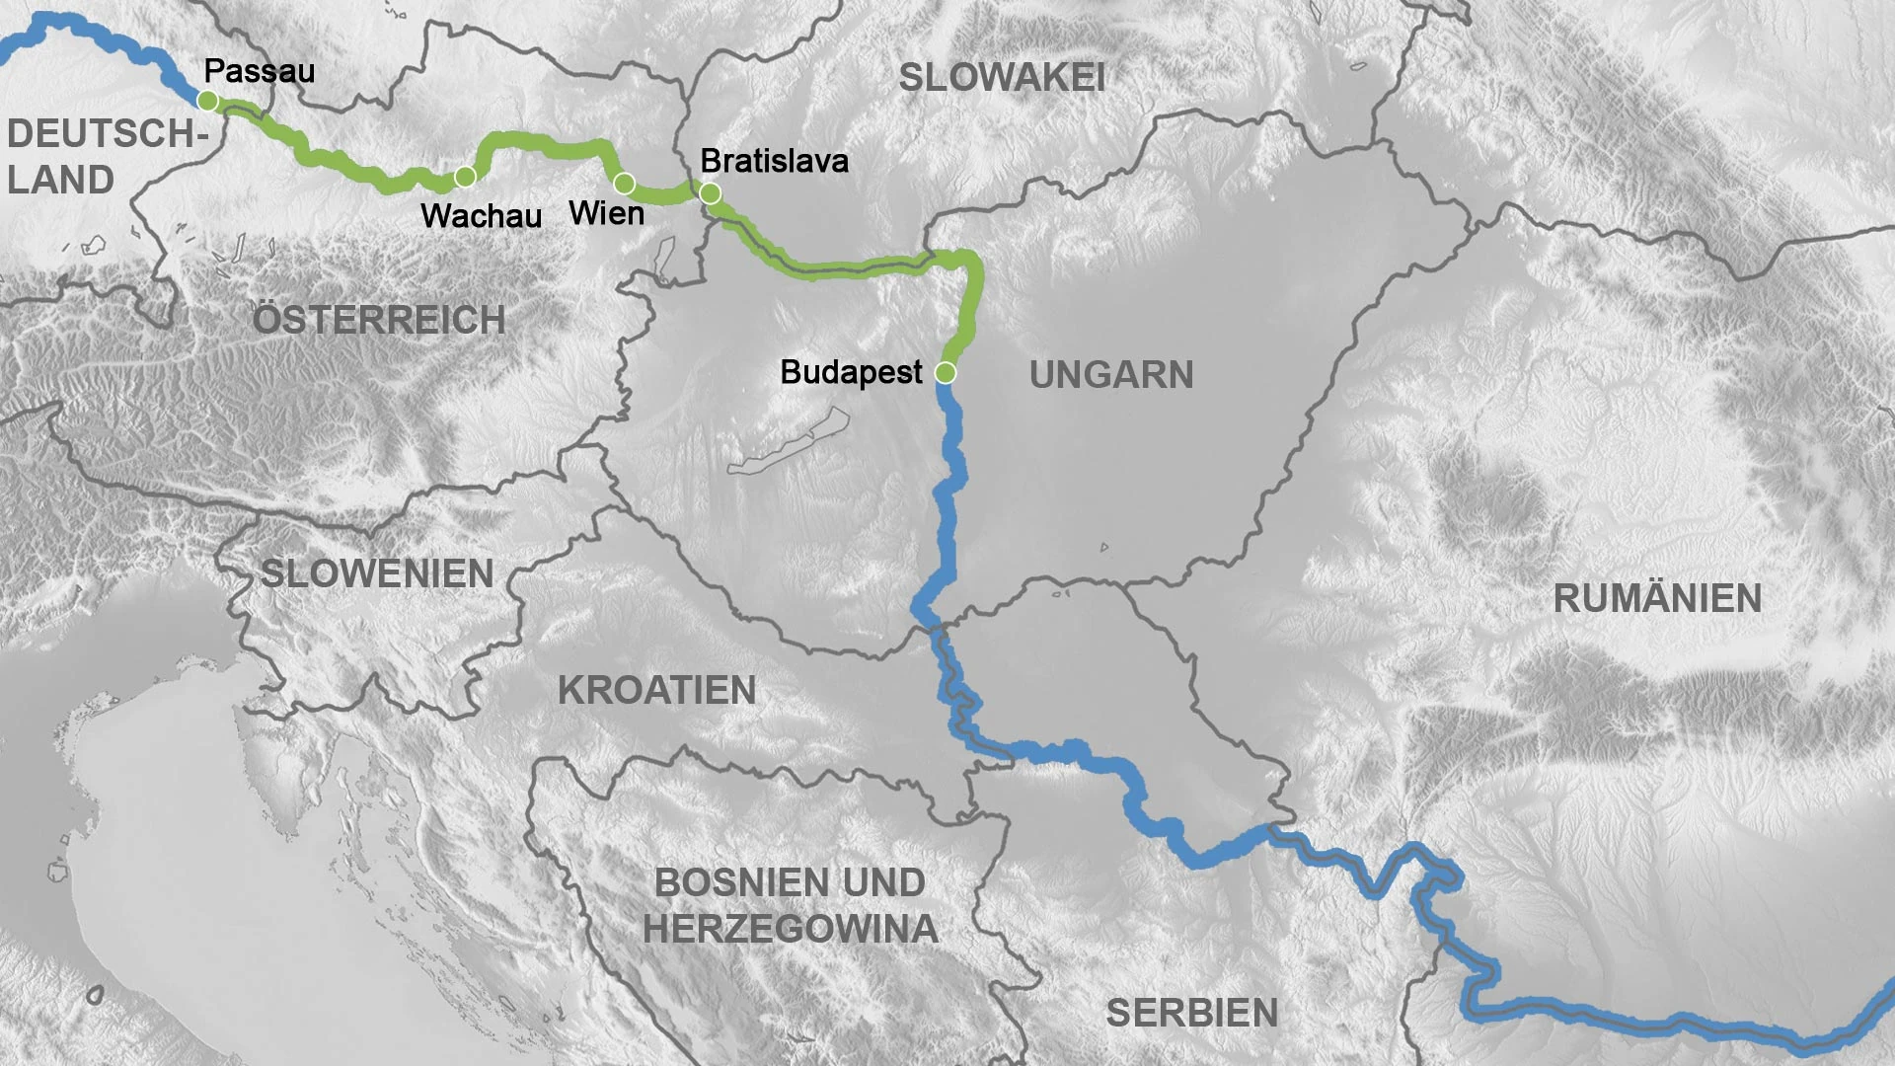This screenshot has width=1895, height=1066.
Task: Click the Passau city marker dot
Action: [x=207, y=101]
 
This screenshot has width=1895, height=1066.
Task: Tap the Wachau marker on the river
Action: [x=465, y=177]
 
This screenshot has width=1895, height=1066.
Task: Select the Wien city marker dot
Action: [x=624, y=184]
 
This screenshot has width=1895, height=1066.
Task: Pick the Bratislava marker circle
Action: [x=710, y=193]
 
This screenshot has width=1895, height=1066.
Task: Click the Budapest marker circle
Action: [x=945, y=373]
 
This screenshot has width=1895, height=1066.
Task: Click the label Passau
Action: [x=259, y=71]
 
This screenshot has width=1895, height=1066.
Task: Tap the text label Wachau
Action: [x=481, y=216]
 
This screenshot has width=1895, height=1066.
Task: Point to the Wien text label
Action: [x=606, y=213]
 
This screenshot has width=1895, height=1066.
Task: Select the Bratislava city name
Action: [x=774, y=161]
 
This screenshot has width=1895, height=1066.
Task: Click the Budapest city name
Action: [x=851, y=372]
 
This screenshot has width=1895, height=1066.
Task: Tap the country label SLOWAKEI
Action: [x=1001, y=78]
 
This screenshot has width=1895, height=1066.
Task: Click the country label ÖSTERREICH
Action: [x=379, y=320]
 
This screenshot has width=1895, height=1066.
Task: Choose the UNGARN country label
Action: [x=1111, y=375]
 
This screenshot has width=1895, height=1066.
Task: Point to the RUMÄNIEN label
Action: [x=1657, y=598]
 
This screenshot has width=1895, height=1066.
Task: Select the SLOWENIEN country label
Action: [x=377, y=573]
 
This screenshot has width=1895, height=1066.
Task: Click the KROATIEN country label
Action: [x=656, y=691]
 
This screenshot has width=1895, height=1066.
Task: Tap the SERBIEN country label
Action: [x=1191, y=1013]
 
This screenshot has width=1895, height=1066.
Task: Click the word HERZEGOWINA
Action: [x=790, y=929]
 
